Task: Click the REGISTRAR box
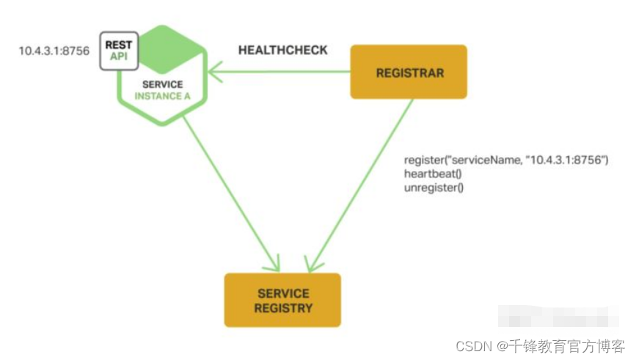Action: pyautogui.click(x=408, y=72)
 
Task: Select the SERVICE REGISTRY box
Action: pyautogui.click(x=282, y=300)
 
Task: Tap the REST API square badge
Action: pyautogui.click(x=118, y=51)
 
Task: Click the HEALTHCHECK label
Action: pyautogui.click(x=283, y=51)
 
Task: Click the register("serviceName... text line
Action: pyautogui.click(x=507, y=160)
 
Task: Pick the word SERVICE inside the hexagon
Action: pyautogui.click(x=163, y=84)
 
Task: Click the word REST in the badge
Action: pyautogui.click(x=119, y=45)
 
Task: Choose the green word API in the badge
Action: pyautogui.click(x=119, y=56)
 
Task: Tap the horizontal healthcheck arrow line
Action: pyautogui.click(x=286, y=72)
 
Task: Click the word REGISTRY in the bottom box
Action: pyautogui.click(x=282, y=308)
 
